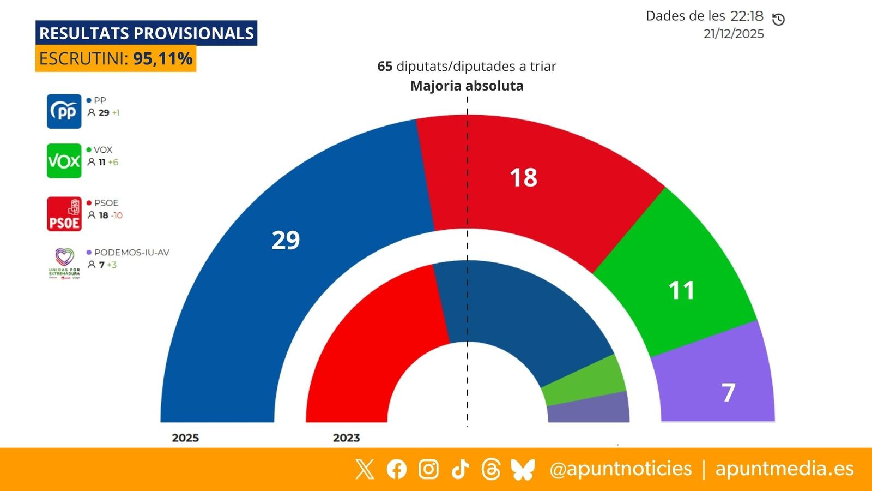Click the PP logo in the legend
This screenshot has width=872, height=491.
pos(64,111)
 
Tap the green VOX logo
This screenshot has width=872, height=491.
pos(64,161)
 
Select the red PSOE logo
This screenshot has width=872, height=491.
pos(64,214)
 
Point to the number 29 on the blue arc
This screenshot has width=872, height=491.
pos(286,240)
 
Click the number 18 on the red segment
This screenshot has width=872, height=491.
pos(523,178)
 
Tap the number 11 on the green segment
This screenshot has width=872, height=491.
pos(681,290)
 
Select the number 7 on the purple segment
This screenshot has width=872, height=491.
pos(729,392)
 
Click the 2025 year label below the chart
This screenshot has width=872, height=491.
pos(185,438)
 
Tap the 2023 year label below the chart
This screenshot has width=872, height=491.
pos(346,438)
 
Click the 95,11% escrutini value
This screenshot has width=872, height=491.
pos(162,59)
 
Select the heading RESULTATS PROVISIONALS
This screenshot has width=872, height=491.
pos(146,33)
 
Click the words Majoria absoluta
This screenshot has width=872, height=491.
pos(467,86)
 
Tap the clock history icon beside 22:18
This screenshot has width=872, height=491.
pos(778,19)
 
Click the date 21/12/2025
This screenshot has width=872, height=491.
pos(734,34)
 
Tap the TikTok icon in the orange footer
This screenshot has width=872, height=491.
pos(460,469)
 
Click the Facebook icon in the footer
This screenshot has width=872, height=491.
pos(397,469)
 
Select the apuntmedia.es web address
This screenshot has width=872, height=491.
pos(784,469)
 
